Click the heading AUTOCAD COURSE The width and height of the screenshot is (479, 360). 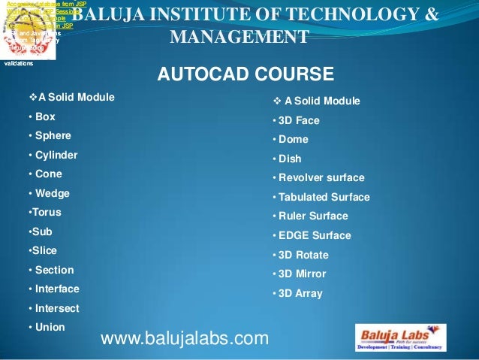pos(244,74)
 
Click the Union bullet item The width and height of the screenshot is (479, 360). pos(48,327)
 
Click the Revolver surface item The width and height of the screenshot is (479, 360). pos(321,178)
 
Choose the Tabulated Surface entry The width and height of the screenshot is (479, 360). pos(324,198)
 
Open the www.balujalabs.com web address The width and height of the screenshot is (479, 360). pos(184,340)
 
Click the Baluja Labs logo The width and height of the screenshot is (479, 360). pos(400,337)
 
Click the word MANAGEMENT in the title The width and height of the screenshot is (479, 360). pos(239,38)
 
